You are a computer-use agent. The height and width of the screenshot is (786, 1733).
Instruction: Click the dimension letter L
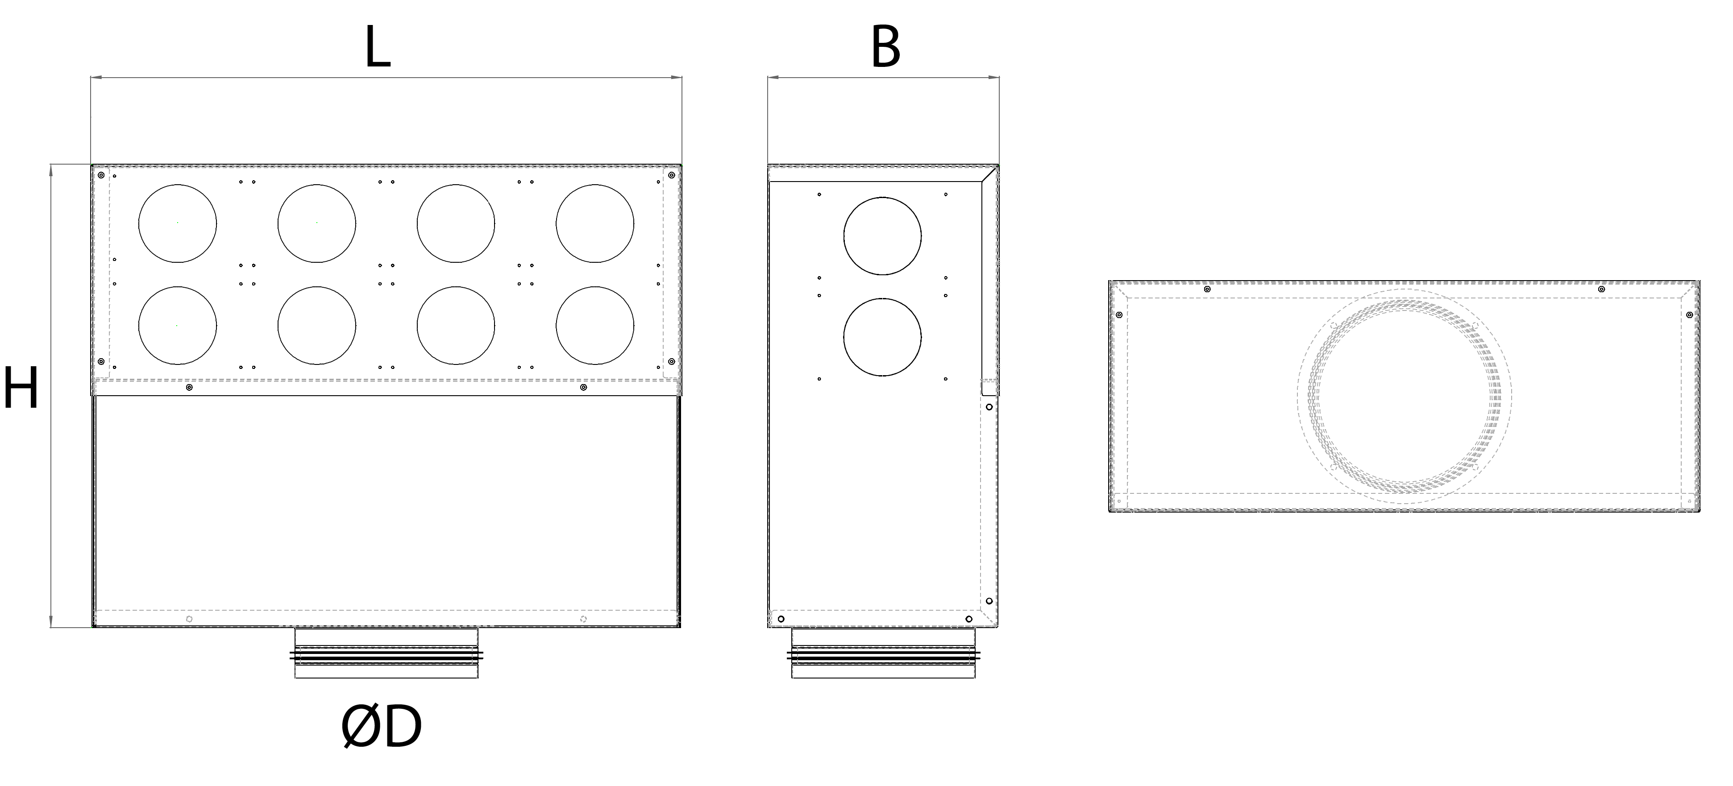[x=378, y=49]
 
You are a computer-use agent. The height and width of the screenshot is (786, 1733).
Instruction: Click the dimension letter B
[x=885, y=49]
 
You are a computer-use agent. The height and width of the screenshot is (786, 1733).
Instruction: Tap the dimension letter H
[x=21, y=388]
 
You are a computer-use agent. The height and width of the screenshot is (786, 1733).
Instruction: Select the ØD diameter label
[x=382, y=728]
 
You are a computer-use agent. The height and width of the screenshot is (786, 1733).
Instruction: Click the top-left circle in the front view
[x=178, y=223]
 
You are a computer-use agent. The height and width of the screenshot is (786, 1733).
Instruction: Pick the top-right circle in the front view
[x=595, y=223]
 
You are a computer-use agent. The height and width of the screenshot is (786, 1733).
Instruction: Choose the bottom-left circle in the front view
[x=178, y=326]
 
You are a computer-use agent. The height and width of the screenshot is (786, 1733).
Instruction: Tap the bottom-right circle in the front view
[x=595, y=326]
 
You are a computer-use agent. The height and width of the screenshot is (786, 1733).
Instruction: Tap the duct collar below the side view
[x=883, y=654]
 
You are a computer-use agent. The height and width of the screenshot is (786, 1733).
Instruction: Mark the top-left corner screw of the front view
[x=101, y=175]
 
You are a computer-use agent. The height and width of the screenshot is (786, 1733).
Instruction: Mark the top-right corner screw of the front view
[x=671, y=175]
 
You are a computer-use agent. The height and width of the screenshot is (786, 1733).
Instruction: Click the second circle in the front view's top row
[x=317, y=223]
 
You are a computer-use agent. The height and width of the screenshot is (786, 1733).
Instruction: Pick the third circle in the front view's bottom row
[x=456, y=326]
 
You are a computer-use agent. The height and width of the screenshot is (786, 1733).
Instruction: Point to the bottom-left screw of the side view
[x=781, y=619]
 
